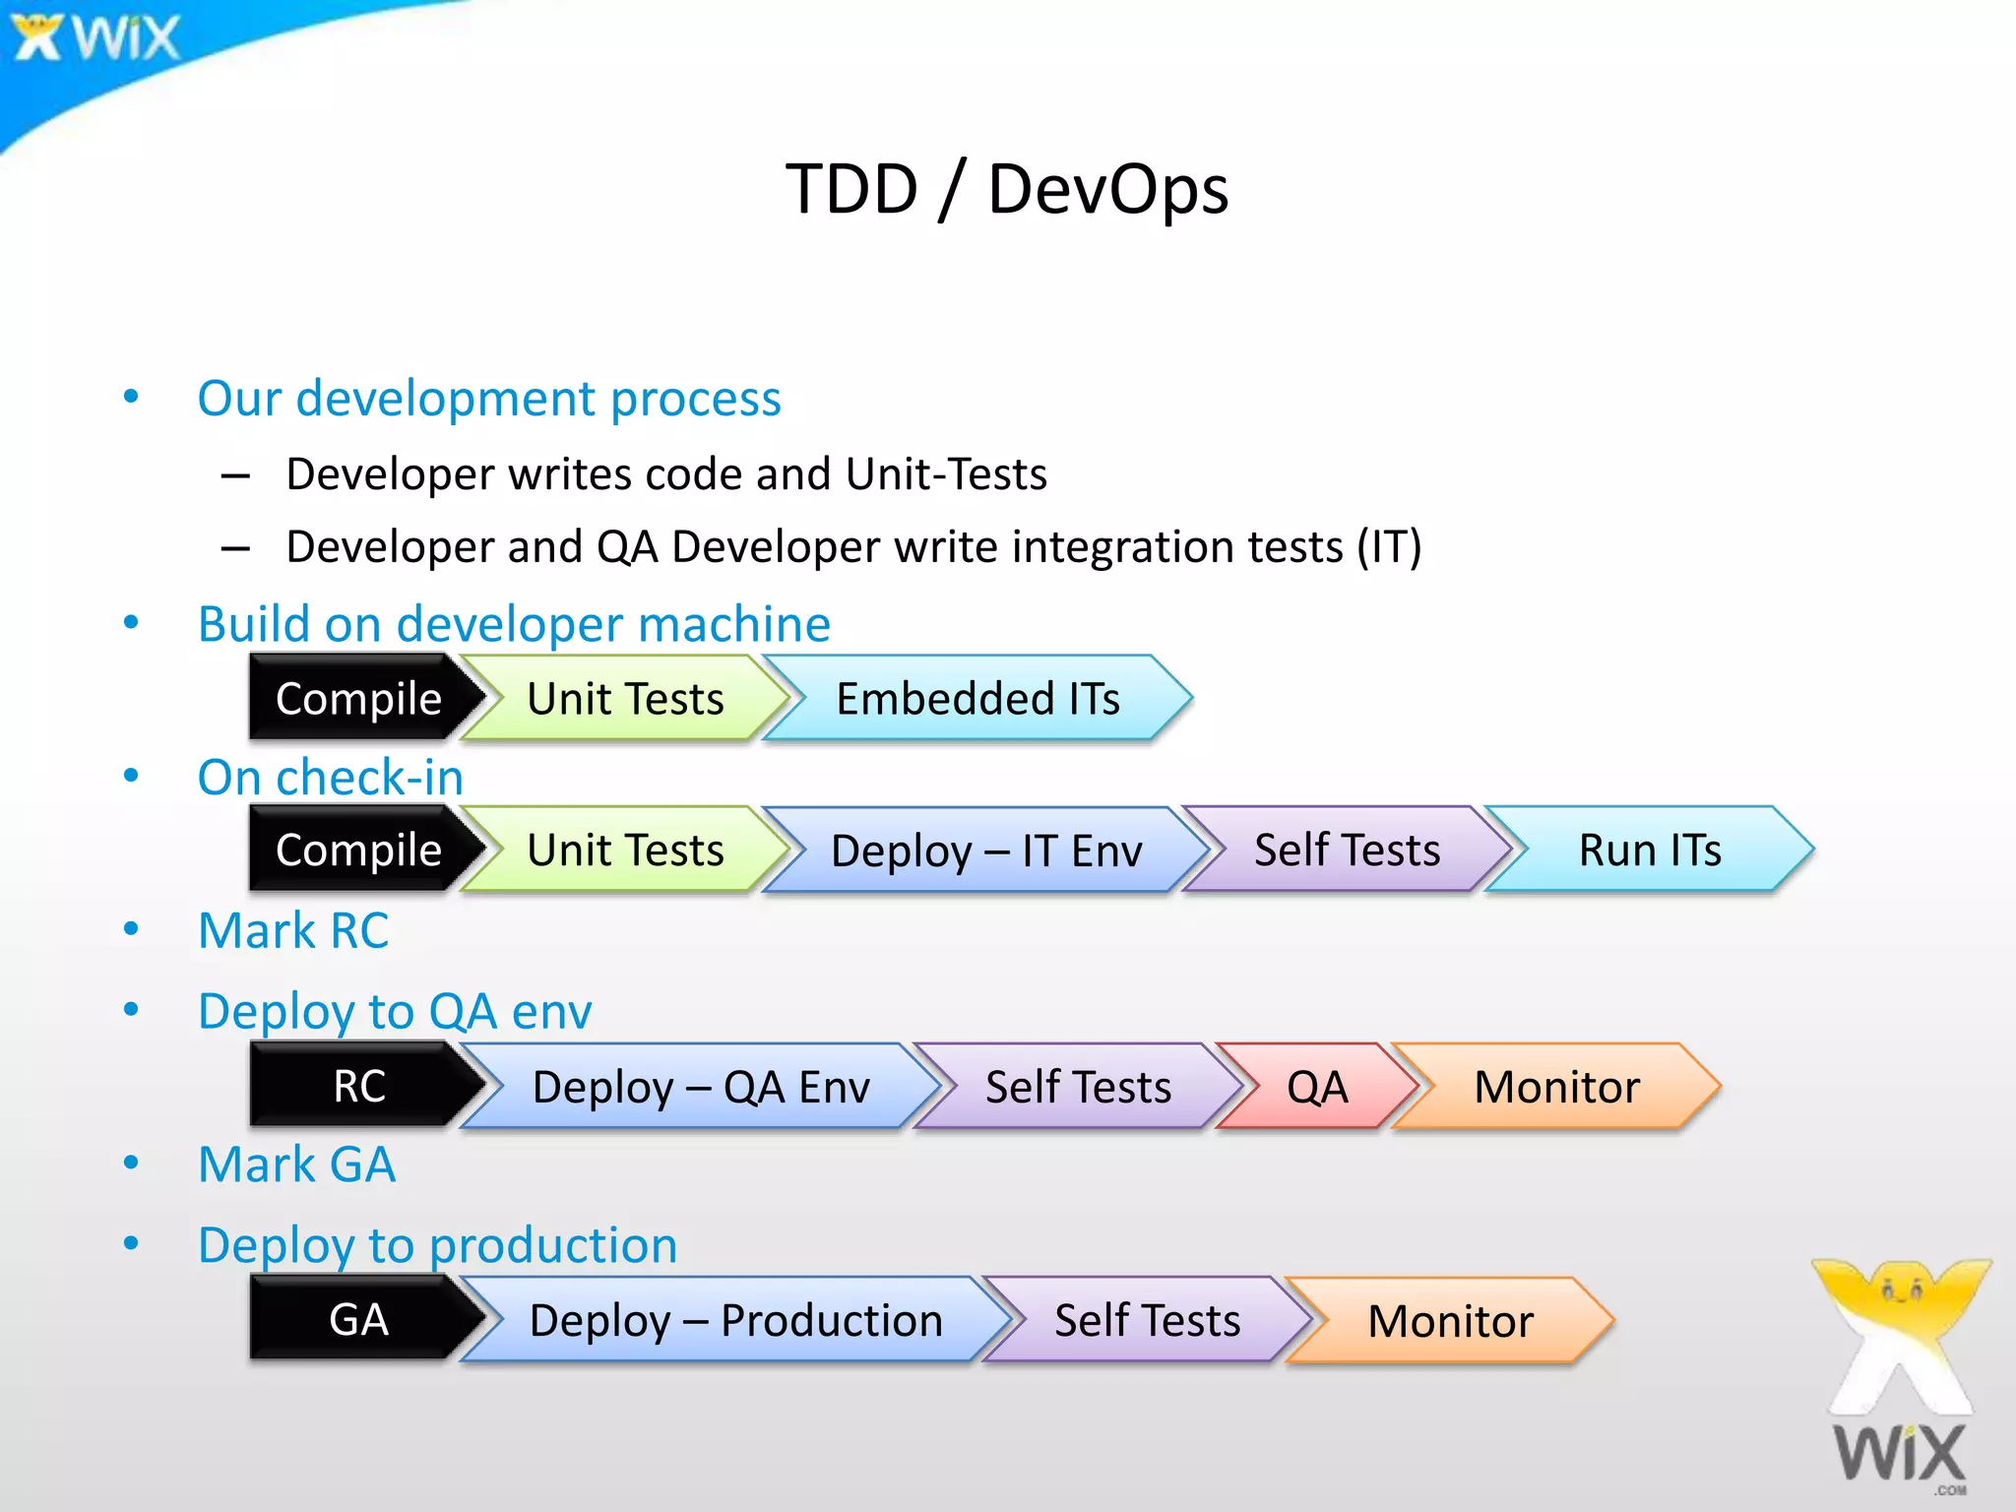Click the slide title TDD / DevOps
coord(1007,189)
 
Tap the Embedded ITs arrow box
coord(977,699)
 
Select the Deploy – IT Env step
coord(986,850)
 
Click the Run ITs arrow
coord(1650,850)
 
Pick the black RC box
coord(359,1087)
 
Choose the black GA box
coord(359,1320)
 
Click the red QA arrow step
coord(1317,1087)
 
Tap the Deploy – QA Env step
coord(701,1087)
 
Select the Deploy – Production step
coord(735,1320)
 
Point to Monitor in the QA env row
coord(1556,1087)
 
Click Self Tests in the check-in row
coord(1347,850)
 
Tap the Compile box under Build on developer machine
coord(358,699)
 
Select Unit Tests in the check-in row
coord(625,850)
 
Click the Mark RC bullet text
coord(293,931)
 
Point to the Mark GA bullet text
coord(296,1165)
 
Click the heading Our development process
coord(489,399)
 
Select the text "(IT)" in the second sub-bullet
coord(1389,547)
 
